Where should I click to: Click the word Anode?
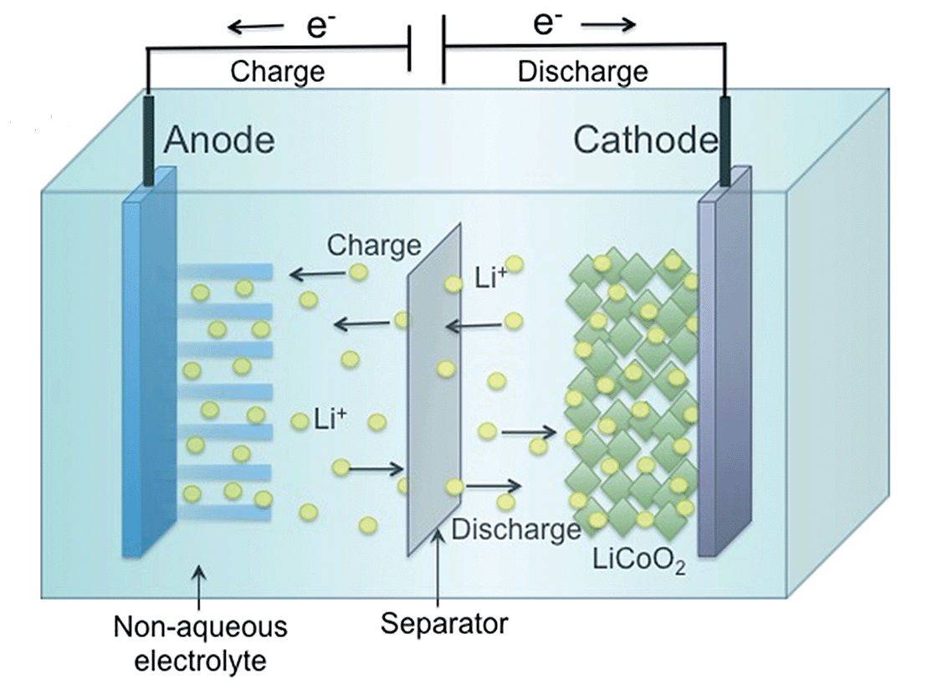pyautogui.click(x=219, y=140)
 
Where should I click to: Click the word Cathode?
pyautogui.click(x=645, y=140)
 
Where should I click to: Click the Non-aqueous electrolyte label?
pyautogui.click(x=200, y=644)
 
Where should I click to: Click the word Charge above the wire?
pyautogui.click(x=277, y=71)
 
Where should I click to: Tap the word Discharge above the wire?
pyautogui.click(x=582, y=71)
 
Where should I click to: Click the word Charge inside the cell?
pyautogui.click(x=374, y=245)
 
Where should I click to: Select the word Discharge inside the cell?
pyautogui.click(x=515, y=528)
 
